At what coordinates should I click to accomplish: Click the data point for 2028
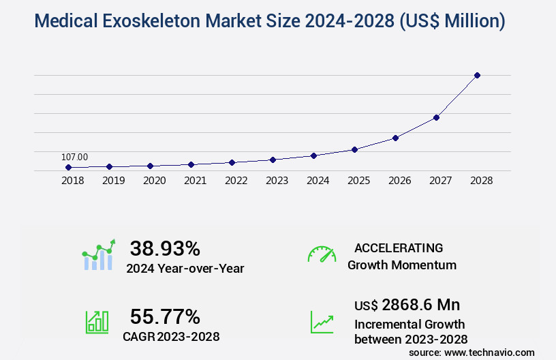click(x=477, y=75)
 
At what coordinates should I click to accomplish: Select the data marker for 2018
click(x=68, y=167)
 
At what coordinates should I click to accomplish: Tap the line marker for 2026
click(x=395, y=138)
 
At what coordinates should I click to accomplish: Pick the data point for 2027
click(x=436, y=117)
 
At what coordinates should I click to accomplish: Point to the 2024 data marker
click(x=313, y=155)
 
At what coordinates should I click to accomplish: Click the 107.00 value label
click(x=74, y=157)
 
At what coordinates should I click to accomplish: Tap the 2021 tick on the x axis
click(x=195, y=181)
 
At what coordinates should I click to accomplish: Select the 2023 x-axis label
click(x=277, y=181)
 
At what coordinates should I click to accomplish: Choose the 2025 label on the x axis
click(x=358, y=181)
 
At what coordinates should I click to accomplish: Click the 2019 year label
click(x=113, y=181)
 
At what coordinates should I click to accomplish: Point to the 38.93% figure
click(x=165, y=248)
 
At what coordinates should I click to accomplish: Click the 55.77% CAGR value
click(x=165, y=317)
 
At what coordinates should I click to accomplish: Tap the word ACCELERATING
click(x=399, y=248)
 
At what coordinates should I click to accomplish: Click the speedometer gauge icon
click(x=322, y=254)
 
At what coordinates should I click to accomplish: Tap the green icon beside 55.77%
click(x=97, y=322)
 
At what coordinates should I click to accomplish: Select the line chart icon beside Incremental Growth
click(x=322, y=322)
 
